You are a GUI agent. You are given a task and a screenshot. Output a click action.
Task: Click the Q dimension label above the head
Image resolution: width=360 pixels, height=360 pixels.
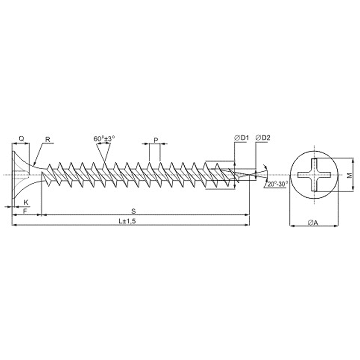tap(21, 139)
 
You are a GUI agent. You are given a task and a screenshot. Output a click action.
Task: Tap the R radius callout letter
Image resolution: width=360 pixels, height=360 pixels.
tap(48, 139)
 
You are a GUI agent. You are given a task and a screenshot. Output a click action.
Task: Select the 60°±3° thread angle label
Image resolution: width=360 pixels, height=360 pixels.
tap(104, 139)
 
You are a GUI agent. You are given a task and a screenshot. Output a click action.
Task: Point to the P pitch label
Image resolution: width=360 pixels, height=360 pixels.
tap(156, 140)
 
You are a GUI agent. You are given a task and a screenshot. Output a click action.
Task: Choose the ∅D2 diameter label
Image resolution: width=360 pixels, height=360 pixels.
tap(263, 138)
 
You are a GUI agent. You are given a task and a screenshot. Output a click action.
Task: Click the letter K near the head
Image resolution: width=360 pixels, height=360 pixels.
tap(26, 202)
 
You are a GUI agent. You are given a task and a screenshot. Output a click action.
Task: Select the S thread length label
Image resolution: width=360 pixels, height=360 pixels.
tap(134, 211)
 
